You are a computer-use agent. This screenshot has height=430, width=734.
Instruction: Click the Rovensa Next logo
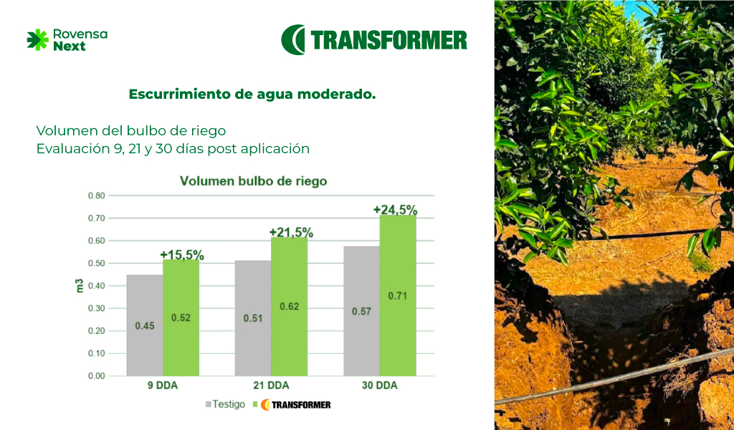(67, 39)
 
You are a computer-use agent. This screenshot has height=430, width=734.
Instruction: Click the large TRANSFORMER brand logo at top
(374, 39)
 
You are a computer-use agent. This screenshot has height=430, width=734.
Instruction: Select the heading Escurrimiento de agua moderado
(252, 94)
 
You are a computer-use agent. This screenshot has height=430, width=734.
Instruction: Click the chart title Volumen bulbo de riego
(253, 181)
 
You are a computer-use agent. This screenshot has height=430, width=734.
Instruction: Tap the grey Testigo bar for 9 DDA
(145, 325)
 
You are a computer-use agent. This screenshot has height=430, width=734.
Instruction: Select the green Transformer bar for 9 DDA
(181, 317)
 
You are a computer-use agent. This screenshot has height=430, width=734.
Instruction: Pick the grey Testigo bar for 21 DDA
(253, 318)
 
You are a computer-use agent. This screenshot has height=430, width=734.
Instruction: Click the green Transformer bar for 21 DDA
(290, 307)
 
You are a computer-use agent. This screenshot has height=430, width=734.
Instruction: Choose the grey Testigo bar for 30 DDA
(361, 311)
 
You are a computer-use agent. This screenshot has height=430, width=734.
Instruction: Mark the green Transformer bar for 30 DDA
(398, 296)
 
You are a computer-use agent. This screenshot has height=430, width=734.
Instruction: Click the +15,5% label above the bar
(182, 255)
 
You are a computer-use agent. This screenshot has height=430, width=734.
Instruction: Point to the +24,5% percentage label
(395, 210)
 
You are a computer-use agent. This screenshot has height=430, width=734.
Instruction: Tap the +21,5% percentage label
(291, 232)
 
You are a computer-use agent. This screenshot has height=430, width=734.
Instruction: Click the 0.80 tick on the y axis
(97, 196)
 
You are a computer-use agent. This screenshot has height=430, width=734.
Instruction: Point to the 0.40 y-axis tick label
(97, 286)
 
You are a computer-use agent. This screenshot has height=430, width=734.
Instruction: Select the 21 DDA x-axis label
(271, 386)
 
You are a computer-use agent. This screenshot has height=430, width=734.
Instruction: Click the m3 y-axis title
(80, 286)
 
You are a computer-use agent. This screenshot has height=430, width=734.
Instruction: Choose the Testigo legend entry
(225, 404)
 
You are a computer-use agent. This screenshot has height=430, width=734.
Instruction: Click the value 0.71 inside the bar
(397, 296)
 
